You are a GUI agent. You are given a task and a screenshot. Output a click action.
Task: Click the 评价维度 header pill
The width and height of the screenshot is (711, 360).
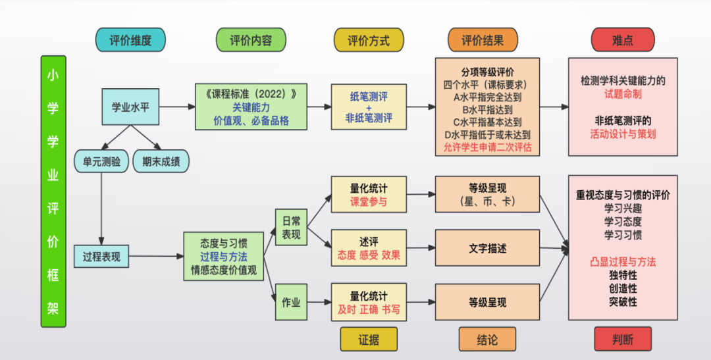(x=130, y=40)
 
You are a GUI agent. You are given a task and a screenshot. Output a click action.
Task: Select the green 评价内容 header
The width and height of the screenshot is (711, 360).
(x=250, y=40)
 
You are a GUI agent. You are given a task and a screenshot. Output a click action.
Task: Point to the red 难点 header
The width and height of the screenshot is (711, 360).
(x=622, y=40)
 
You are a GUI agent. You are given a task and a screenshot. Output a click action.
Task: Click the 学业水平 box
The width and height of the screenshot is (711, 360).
(x=130, y=107)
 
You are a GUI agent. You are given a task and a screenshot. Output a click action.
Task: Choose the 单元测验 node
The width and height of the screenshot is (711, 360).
(x=101, y=161)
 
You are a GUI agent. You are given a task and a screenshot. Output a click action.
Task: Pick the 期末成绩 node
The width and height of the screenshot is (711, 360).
(x=161, y=161)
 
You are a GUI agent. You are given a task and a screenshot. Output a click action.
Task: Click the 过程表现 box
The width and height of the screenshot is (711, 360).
(x=101, y=256)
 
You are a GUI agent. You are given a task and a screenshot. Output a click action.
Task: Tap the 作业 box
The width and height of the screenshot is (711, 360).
(x=291, y=302)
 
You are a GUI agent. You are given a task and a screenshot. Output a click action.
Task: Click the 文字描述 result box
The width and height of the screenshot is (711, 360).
(x=488, y=249)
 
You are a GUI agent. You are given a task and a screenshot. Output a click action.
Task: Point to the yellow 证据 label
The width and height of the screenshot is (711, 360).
(x=369, y=340)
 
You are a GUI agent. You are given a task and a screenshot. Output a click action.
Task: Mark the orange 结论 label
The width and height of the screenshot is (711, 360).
(x=487, y=340)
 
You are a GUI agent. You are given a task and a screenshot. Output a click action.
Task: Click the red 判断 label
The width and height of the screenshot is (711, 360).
(x=623, y=340)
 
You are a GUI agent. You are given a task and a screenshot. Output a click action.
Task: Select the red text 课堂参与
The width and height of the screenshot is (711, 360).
(x=369, y=202)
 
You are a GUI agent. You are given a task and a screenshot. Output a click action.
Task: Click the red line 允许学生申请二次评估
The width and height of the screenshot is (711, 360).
(x=488, y=147)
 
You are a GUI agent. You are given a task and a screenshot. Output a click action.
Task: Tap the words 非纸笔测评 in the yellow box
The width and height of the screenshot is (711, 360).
(x=369, y=119)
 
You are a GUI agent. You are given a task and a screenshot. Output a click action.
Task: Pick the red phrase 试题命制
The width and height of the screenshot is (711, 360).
(x=623, y=94)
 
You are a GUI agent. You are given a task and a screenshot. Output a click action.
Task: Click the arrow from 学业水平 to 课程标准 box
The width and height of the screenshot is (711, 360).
(x=177, y=107)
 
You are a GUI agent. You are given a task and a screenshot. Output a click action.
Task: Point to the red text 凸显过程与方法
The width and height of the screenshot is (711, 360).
(x=623, y=262)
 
